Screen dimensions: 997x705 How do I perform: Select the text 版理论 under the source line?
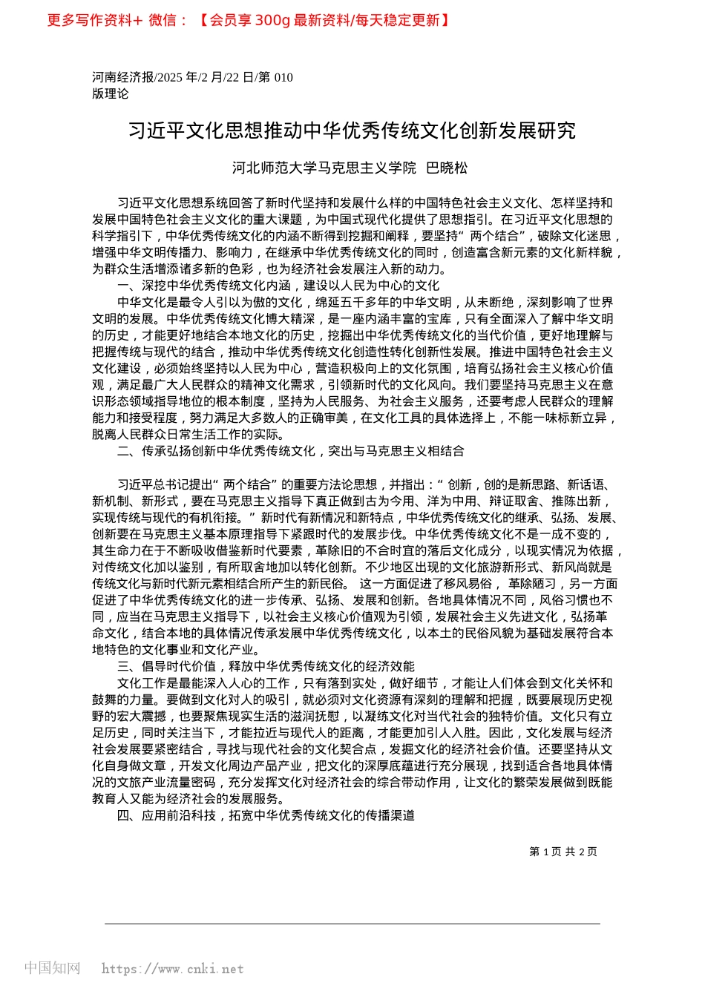tap(110, 93)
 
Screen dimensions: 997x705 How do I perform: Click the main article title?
tap(352, 131)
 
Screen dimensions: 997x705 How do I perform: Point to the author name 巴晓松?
tap(447, 168)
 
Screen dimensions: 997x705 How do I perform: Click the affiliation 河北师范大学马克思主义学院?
tap(324, 168)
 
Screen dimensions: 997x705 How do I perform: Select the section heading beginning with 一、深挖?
tap(278, 286)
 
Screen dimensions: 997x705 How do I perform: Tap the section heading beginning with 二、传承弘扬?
tap(291, 451)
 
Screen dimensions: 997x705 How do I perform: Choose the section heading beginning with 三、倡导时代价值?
tap(266, 666)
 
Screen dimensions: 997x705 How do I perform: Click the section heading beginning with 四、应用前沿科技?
tap(266, 815)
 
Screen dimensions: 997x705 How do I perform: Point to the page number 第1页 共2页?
tap(563, 852)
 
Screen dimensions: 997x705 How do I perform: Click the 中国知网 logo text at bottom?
tap(52, 968)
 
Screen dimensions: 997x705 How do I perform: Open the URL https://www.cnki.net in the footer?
tap(172, 969)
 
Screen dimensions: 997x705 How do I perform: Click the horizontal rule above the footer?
tap(352, 924)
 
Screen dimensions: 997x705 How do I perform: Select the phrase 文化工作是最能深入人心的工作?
tap(203, 683)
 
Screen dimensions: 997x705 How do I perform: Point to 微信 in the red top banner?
tap(163, 20)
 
